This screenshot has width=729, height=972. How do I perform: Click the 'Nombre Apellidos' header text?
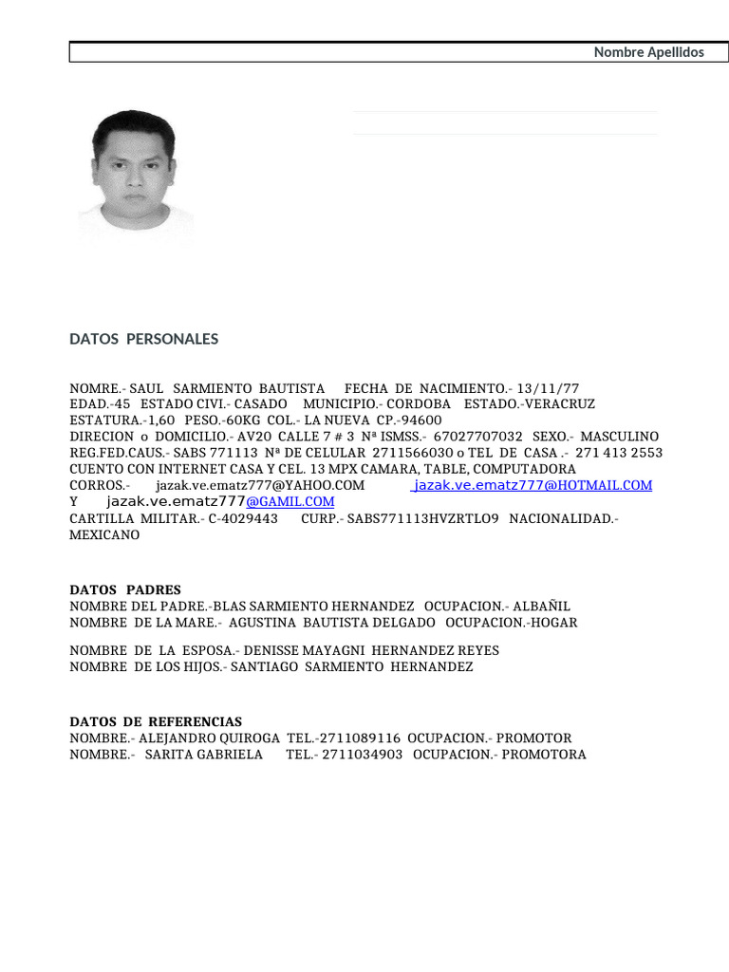648,52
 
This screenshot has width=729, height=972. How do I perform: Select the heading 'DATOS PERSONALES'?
143,339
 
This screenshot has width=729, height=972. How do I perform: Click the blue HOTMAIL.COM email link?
533,485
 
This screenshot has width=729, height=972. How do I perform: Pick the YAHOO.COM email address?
259,485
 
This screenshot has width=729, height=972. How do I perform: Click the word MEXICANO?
104,534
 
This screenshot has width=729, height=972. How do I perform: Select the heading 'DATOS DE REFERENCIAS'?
156,721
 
